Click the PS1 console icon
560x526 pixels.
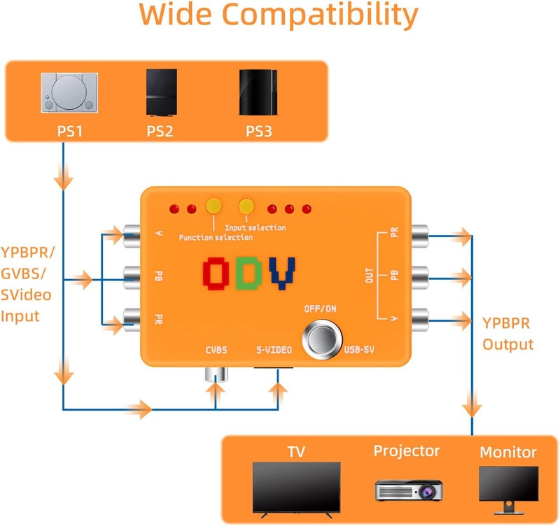click(x=68, y=92)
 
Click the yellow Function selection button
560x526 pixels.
click(x=213, y=206)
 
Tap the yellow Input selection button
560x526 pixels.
click(x=246, y=206)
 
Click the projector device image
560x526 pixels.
click(x=408, y=490)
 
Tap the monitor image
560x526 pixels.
click(x=508, y=488)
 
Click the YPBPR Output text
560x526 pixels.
click(x=507, y=334)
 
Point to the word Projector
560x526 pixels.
click(x=407, y=450)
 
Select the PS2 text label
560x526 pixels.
click(x=159, y=130)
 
